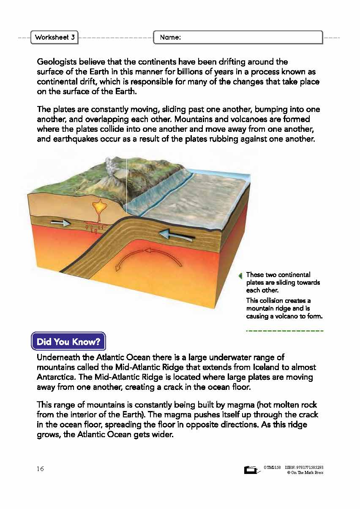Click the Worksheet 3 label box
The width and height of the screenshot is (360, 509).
(x=55, y=37)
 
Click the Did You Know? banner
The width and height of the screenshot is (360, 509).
(x=68, y=341)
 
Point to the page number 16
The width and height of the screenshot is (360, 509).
(x=40, y=469)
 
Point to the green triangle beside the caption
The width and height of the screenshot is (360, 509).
(x=240, y=276)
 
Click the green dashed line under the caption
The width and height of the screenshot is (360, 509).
(x=284, y=331)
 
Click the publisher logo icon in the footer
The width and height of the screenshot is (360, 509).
(x=251, y=470)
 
